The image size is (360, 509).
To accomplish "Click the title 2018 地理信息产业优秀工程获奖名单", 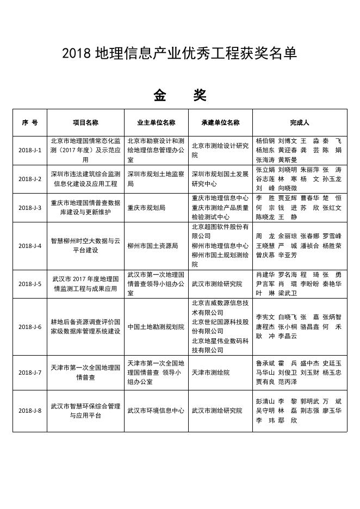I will coord(179,53).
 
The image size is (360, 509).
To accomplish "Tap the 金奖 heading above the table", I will coord(179,96).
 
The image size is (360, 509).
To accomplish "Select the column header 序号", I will coord(30,122).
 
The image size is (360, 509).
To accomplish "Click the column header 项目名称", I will coord(85,122).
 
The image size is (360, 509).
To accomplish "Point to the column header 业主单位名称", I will coord(156,122).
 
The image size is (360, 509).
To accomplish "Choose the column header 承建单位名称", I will coord(220,122).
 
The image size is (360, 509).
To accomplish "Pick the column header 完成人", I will coord(299,122).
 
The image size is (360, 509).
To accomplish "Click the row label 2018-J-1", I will coord(30,150).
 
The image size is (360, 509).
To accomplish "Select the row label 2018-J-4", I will coord(30,246).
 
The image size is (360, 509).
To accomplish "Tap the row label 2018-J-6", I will coord(30,327).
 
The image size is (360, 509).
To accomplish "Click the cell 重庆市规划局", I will coord(146,208).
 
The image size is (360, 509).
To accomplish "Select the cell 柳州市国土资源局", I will coord(153,246).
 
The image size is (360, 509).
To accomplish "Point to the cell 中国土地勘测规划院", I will coord(156,327).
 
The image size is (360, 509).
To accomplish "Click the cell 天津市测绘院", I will coord(210,373).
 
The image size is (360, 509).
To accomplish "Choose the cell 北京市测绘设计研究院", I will coord(220,150).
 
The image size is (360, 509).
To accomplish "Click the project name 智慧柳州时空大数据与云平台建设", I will coord(85,246).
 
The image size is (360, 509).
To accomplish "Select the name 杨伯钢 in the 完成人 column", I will coord(265,140).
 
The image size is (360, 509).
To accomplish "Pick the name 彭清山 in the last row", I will coord(265,401).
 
